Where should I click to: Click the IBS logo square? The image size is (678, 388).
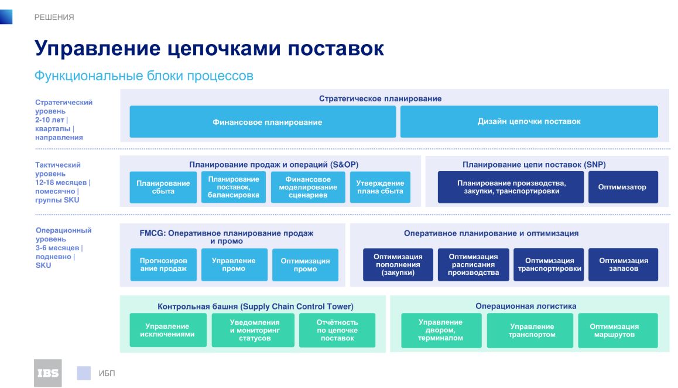[x=47, y=373]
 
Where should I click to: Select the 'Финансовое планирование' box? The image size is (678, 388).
[x=262, y=122]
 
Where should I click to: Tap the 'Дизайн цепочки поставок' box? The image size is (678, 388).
[x=529, y=122]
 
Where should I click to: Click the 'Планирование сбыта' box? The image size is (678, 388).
[x=163, y=187]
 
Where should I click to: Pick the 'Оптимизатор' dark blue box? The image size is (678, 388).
[x=623, y=187]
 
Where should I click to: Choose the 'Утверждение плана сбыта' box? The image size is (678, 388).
[x=380, y=187]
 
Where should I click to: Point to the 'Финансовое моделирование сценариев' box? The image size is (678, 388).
[x=308, y=187]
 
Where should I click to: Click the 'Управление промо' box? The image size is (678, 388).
[x=234, y=264]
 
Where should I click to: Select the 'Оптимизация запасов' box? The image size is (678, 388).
[x=623, y=264]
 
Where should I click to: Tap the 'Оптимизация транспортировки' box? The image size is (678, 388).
[x=549, y=264]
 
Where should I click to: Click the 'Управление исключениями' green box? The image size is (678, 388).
[x=168, y=330]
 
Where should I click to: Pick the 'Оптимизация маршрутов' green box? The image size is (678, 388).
[x=618, y=331]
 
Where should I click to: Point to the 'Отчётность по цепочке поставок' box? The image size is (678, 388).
[x=337, y=330]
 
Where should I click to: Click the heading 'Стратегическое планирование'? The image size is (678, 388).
[x=380, y=98]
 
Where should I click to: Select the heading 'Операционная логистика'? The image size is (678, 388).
[x=526, y=306]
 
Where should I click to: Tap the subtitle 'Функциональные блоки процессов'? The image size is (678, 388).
[x=143, y=76]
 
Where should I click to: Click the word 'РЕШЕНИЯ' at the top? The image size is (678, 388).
[x=54, y=18]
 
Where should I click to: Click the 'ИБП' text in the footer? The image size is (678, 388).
[x=107, y=373]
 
